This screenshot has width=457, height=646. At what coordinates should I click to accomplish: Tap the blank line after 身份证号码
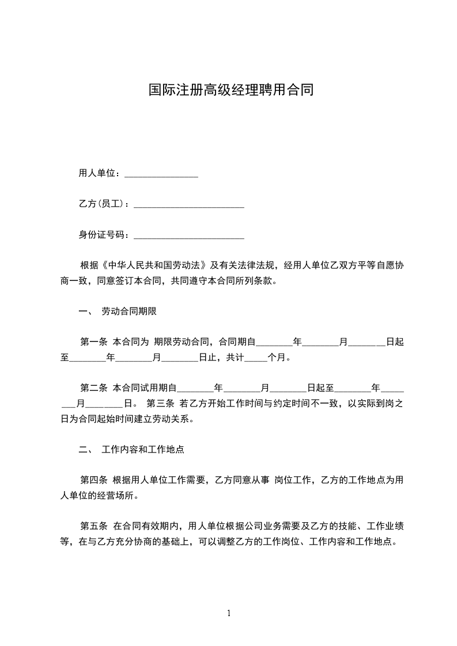click(x=188, y=235)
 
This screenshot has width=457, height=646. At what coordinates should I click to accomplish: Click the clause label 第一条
click(x=93, y=342)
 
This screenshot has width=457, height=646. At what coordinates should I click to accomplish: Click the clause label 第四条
click(x=93, y=480)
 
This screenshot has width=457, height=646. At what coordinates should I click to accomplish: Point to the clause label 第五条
click(x=93, y=526)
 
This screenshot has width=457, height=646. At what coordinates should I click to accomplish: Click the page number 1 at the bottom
click(x=229, y=613)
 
